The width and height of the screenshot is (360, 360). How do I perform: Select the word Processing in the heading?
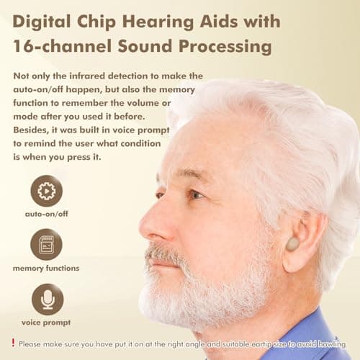[x=230, y=48]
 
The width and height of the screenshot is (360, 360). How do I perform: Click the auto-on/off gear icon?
[x=47, y=191]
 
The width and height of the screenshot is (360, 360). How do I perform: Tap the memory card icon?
[x=47, y=244]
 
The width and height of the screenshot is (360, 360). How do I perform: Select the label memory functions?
[x=47, y=269]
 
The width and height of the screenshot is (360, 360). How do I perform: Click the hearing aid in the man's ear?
[x=292, y=244]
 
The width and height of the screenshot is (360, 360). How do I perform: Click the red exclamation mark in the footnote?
[x=13, y=343]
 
